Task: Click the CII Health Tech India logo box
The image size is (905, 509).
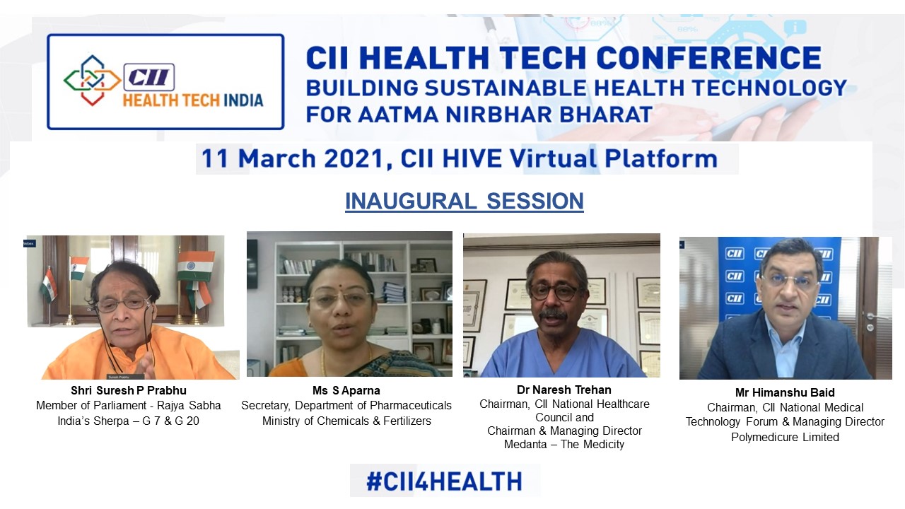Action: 165,81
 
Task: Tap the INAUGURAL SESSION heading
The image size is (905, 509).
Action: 465,201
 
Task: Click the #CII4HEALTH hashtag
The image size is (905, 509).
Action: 444,481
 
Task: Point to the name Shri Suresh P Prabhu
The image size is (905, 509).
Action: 129,391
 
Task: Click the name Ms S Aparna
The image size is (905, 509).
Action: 346,391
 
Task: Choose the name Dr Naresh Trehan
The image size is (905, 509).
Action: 564,390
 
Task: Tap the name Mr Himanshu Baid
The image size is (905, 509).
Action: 785,392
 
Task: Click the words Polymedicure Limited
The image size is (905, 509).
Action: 785,437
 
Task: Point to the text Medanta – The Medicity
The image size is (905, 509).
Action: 564,445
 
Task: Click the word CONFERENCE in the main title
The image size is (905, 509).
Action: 708,58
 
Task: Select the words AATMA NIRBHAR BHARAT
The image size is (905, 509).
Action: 505,115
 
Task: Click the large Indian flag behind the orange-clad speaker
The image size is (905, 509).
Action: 195,266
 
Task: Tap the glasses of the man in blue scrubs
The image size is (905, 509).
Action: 554,292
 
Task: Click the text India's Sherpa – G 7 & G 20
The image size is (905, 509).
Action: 129,421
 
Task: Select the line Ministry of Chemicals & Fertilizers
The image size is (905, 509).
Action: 346,421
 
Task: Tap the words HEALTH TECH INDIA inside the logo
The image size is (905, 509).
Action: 193,100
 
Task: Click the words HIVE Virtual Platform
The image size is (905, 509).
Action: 580,158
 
